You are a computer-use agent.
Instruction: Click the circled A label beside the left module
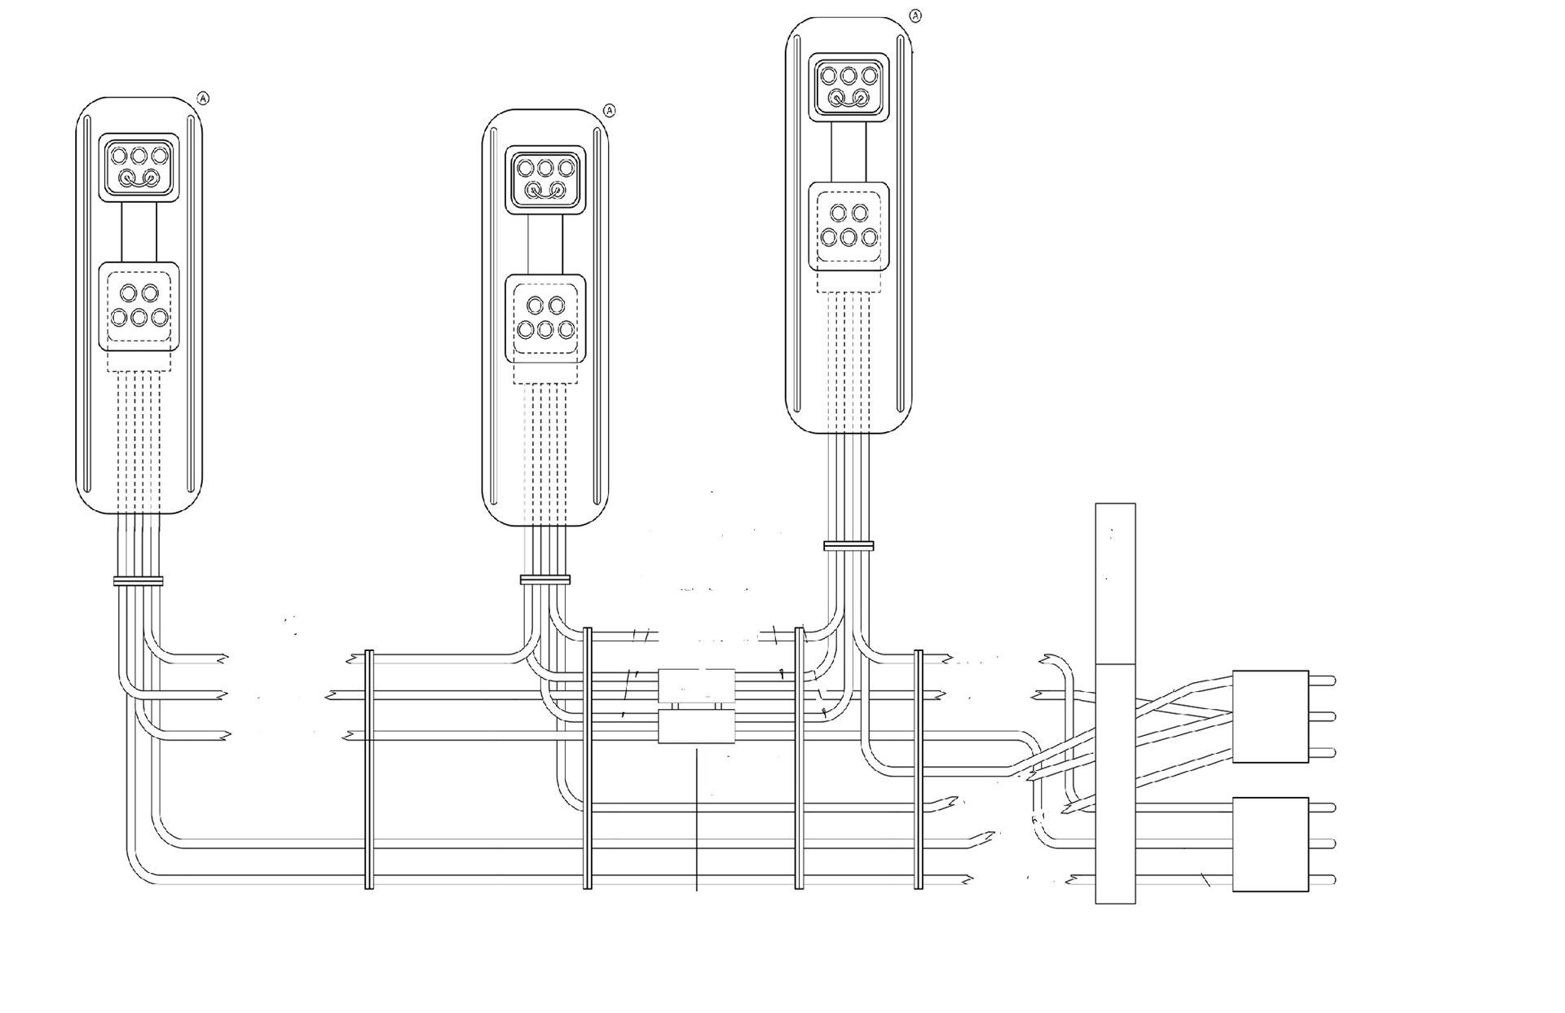pyautogui.click(x=204, y=99)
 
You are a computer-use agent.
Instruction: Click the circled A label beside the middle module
pyautogui.click(x=610, y=110)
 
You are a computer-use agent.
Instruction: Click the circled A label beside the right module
pyautogui.click(x=915, y=15)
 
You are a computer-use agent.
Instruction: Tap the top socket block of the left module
pyautogui.click(x=139, y=167)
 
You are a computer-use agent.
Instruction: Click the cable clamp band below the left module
pyautogui.click(x=139, y=581)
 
